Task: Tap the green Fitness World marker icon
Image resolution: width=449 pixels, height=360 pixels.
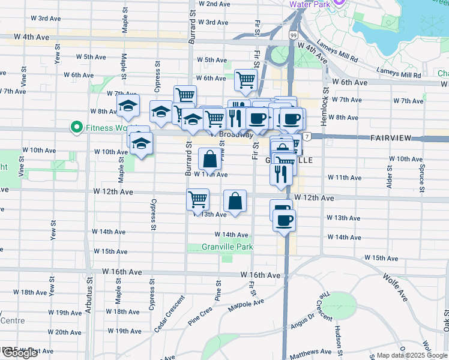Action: (76, 127)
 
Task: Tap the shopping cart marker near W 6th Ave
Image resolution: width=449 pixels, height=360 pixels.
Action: (246, 79)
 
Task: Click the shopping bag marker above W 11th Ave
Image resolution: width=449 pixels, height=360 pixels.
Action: (209, 160)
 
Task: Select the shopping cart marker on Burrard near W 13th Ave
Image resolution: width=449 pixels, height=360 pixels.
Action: (197, 199)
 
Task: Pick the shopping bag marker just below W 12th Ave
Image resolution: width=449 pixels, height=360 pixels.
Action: (235, 201)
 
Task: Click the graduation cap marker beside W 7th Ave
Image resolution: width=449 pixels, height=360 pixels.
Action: (128, 106)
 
